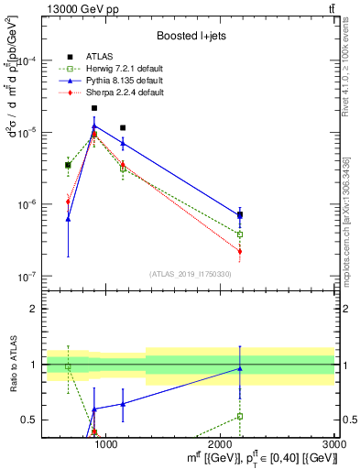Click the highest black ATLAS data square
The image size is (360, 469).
click(94, 108)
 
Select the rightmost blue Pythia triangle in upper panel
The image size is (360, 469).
click(240, 216)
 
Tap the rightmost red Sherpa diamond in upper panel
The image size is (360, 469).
click(240, 251)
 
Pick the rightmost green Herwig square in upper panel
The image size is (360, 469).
click(240, 234)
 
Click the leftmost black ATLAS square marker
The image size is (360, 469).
click(68, 165)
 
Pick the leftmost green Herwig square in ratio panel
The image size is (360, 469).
click(68, 366)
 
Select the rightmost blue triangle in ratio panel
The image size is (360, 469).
click(240, 368)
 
